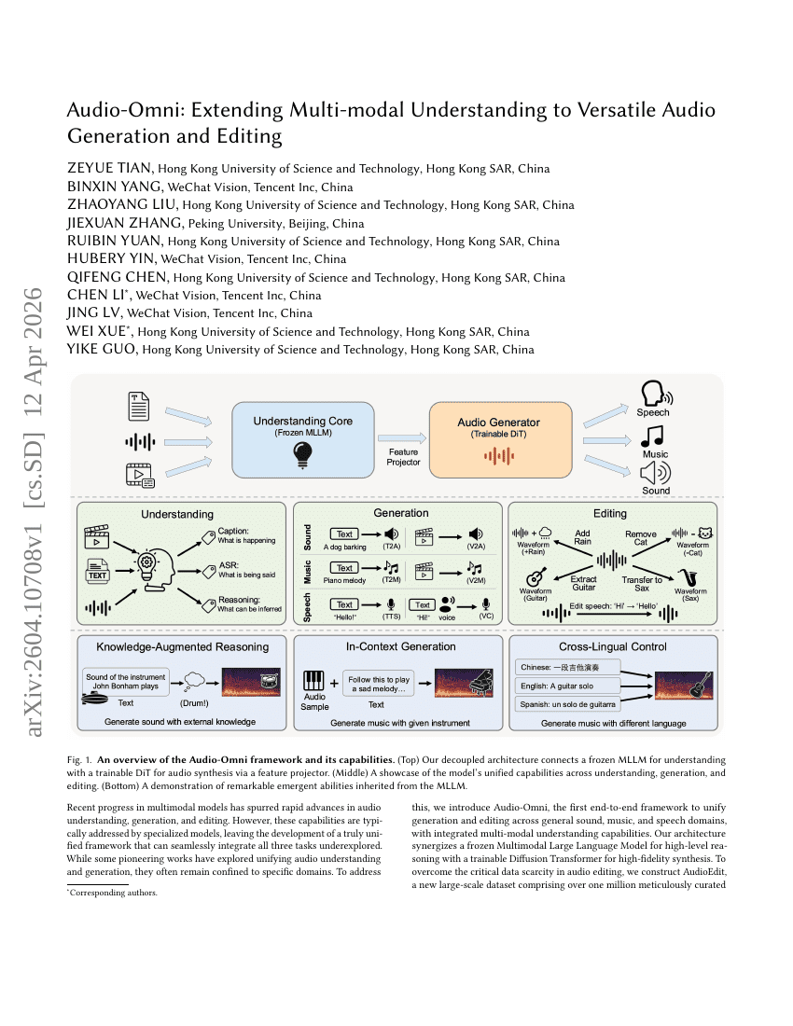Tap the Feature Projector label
click(403, 456)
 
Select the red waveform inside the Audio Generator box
click(498, 455)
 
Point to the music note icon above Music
click(653, 436)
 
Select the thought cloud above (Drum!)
click(197, 679)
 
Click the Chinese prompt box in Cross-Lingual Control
click(567, 667)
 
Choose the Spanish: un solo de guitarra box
click(567, 704)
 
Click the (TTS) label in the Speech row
click(392, 617)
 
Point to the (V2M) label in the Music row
click(477, 579)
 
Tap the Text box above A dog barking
click(345, 534)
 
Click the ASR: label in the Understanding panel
click(229, 564)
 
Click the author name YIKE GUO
click(102, 350)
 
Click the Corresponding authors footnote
click(115, 893)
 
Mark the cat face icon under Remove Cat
click(706, 533)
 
